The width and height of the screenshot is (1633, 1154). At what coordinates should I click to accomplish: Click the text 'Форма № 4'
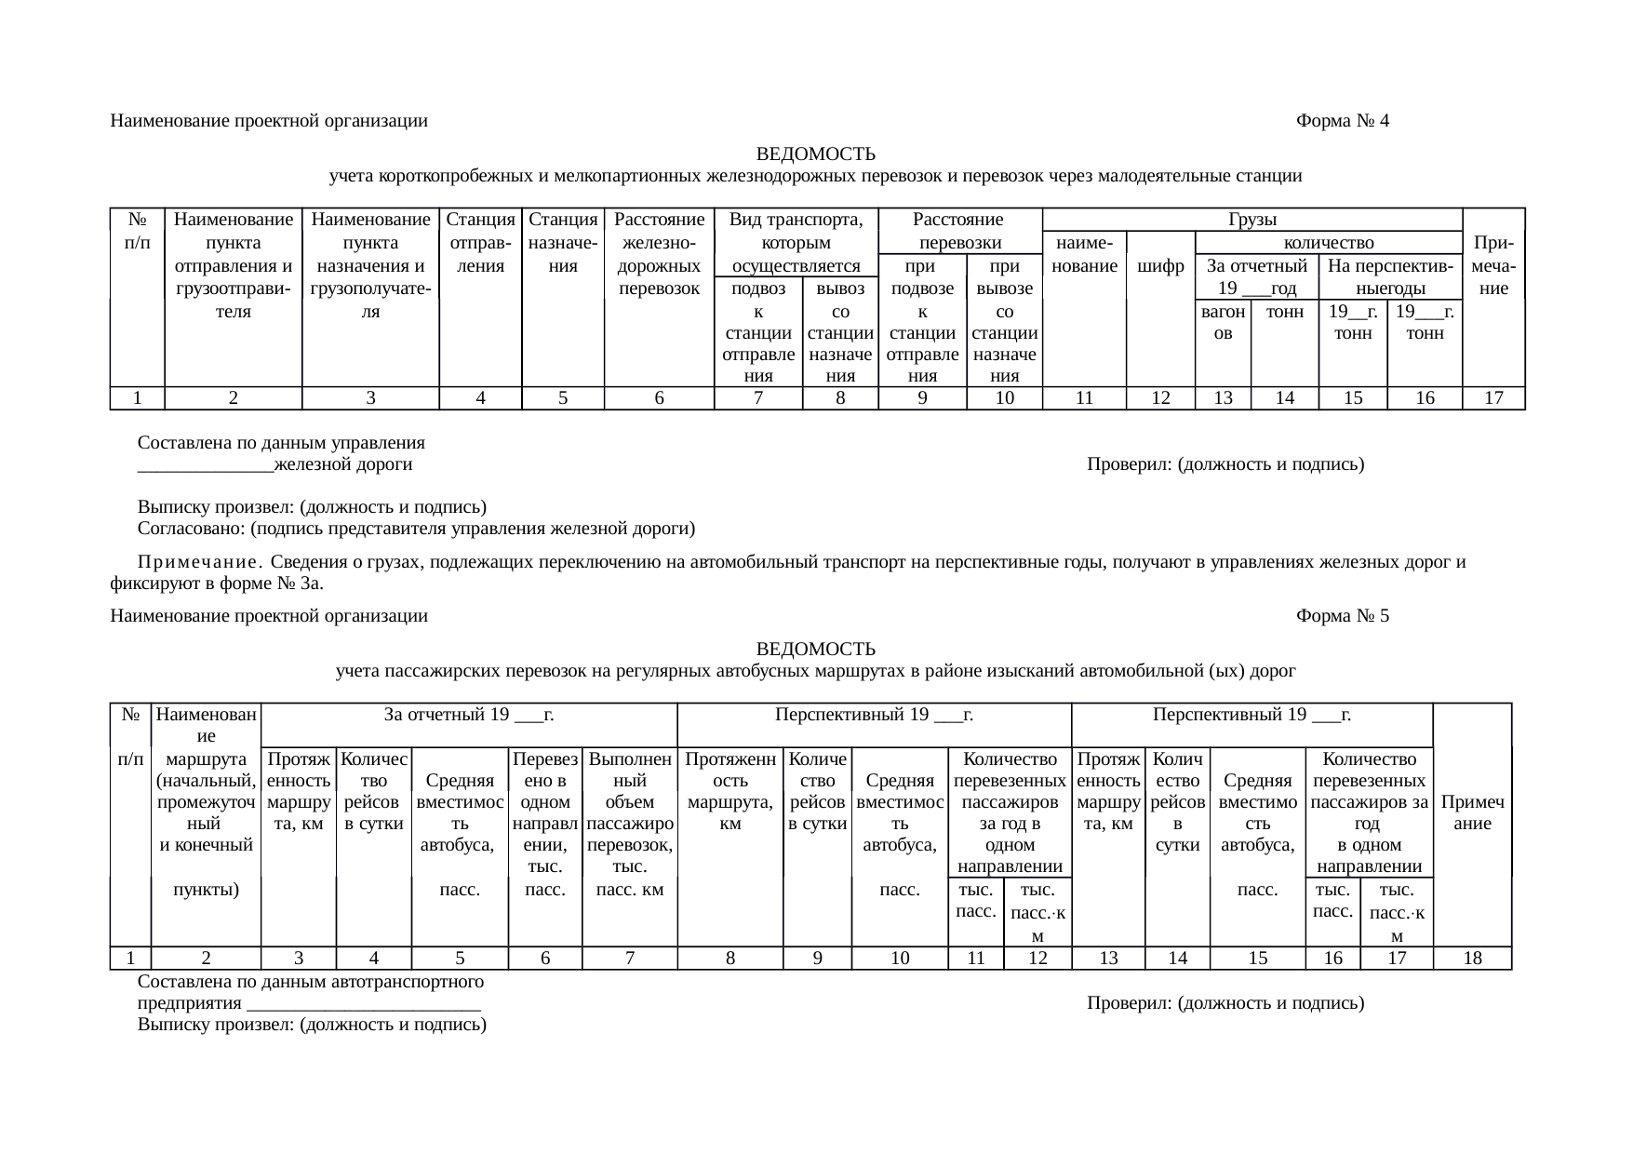pyautogui.click(x=1342, y=121)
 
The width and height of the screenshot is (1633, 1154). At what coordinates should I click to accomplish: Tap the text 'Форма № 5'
pyautogui.click(x=1342, y=616)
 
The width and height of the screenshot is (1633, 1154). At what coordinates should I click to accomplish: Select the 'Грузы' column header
pyautogui.click(x=1252, y=220)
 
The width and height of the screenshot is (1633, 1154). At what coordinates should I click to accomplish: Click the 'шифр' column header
pyautogui.click(x=1160, y=266)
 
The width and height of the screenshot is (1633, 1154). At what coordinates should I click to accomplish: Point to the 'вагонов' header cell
pyautogui.click(x=1223, y=323)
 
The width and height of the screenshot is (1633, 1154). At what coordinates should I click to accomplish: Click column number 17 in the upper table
pyautogui.click(x=1493, y=398)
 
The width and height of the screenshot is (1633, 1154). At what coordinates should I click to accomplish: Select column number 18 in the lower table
pyautogui.click(x=1472, y=958)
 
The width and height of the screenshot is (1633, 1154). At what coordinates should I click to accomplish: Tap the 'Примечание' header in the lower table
pyautogui.click(x=1472, y=812)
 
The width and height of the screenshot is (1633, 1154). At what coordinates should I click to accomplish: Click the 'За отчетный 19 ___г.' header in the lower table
pyautogui.click(x=469, y=715)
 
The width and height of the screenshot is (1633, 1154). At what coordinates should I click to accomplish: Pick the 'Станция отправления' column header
pyautogui.click(x=480, y=243)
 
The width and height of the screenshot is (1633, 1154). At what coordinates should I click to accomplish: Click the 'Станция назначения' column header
pyautogui.click(x=563, y=243)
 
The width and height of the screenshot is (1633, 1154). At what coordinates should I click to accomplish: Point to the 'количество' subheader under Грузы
pyautogui.click(x=1328, y=243)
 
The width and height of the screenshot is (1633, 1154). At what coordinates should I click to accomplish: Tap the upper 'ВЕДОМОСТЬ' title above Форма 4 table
pyautogui.click(x=815, y=154)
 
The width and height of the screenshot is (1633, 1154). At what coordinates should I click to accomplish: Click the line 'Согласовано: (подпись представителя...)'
pyautogui.click(x=416, y=530)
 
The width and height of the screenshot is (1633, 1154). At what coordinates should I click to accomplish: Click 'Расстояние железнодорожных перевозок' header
pyautogui.click(x=659, y=254)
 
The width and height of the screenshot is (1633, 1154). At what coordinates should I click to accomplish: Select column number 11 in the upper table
pyautogui.click(x=1083, y=398)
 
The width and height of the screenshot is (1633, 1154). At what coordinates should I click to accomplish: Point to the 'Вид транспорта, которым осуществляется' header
pyautogui.click(x=796, y=243)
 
